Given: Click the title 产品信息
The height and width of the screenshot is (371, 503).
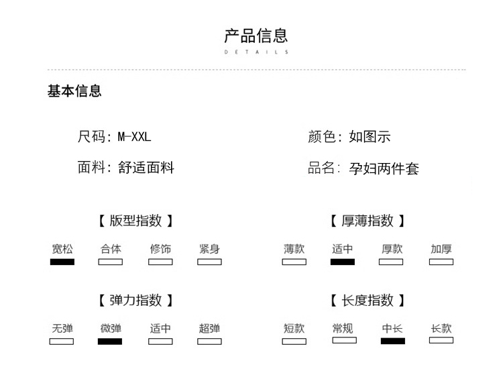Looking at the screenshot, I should pos(256,36).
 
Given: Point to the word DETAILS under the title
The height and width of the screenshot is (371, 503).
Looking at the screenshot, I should pos(256,52).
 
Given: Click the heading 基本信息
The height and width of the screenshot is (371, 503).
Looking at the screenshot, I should pos(74,91).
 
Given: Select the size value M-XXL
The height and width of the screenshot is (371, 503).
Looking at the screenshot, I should pos(135,137).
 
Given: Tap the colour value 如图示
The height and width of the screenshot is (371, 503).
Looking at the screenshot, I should pos(370,137).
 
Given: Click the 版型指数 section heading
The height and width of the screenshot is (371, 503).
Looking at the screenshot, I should pos(136,221).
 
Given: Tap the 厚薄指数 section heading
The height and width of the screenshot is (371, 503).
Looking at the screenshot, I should pos(368,221).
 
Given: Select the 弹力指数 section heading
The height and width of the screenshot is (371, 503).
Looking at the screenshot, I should pos(136,301).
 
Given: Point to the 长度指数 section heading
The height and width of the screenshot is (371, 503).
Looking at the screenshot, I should pos(368,301).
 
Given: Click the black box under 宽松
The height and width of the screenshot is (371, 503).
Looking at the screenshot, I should pos(62,262).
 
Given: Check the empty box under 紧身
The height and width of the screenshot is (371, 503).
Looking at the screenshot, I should pos(209,262).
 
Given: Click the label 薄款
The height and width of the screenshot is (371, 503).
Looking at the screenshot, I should pos(294,249).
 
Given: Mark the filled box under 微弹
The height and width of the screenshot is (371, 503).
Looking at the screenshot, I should pos(110,341).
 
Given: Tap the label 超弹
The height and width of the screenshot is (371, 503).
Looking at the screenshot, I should pos(209,329).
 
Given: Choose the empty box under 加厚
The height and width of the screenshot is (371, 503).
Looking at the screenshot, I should pos(441,262).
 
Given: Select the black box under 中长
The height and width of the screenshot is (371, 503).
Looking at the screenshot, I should pos(392,341).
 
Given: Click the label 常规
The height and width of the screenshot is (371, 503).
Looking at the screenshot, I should pos(343,329).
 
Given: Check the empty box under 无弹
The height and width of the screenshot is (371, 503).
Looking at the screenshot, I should pos(62,341).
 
